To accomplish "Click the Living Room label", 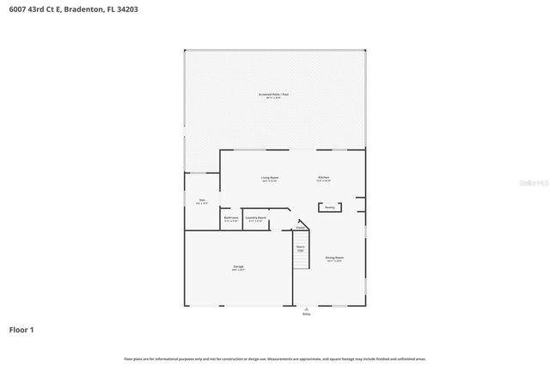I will pyautogui.click(x=269, y=178).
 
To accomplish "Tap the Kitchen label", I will pyautogui.click(x=323, y=178).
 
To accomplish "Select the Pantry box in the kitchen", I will pyautogui.click(x=329, y=207).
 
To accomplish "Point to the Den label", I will pyautogui.click(x=202, y=200).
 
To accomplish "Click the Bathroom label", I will pyautogui.click(x=231, y=218).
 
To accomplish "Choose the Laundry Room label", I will pyautogui.click(x=256, y=218).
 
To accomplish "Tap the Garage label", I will pyautogui.click(x=238, y=266).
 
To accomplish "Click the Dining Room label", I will pyautogui.click(x=334, y=258).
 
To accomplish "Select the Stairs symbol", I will pyautogui.click(x=301, y=249).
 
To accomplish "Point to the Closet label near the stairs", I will pyautogui.click(x=300, y=228).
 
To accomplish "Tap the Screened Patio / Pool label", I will pyautogui.click(x=274, y=94).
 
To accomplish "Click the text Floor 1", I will pyautogui.click(x=21, y=329).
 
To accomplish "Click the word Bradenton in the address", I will pyautogui.click(x=82, y=9).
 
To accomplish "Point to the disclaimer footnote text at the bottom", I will pyautogui.click(x=274, y=358).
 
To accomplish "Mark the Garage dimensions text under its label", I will pyautogui.click(x=238, y=271).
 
